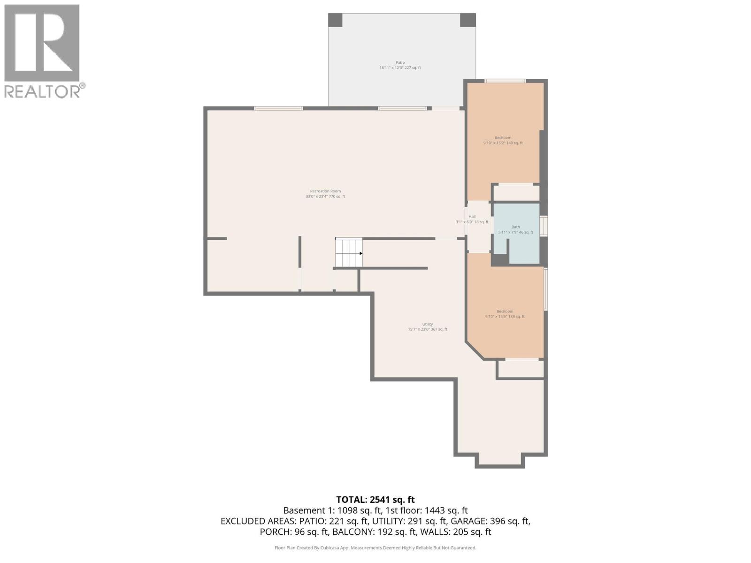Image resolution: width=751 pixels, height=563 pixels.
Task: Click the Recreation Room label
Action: [325, 194]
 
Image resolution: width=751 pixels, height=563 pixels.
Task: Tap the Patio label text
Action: [400, 65]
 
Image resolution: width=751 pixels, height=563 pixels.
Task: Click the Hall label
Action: [472, 219]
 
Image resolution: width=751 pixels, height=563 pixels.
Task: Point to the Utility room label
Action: [427, 327]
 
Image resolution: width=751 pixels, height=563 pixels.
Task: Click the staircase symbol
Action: [349, 253]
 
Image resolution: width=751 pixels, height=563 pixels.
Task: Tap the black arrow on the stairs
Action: [361, 253]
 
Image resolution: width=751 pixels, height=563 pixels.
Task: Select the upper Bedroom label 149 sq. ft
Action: [503, 140]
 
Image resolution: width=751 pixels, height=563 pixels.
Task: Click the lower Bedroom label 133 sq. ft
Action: [505, 314]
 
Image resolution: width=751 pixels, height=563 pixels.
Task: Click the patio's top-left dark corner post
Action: [335, 20]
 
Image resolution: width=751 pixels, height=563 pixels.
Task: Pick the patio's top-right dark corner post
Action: [467, 20]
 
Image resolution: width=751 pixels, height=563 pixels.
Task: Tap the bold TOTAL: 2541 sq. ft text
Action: [375, 500]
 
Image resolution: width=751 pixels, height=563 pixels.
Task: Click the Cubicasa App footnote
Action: [375, 548]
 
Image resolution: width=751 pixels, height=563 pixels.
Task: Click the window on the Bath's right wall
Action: [544, 226]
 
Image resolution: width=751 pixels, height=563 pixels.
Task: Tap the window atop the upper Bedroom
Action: [505, 81]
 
